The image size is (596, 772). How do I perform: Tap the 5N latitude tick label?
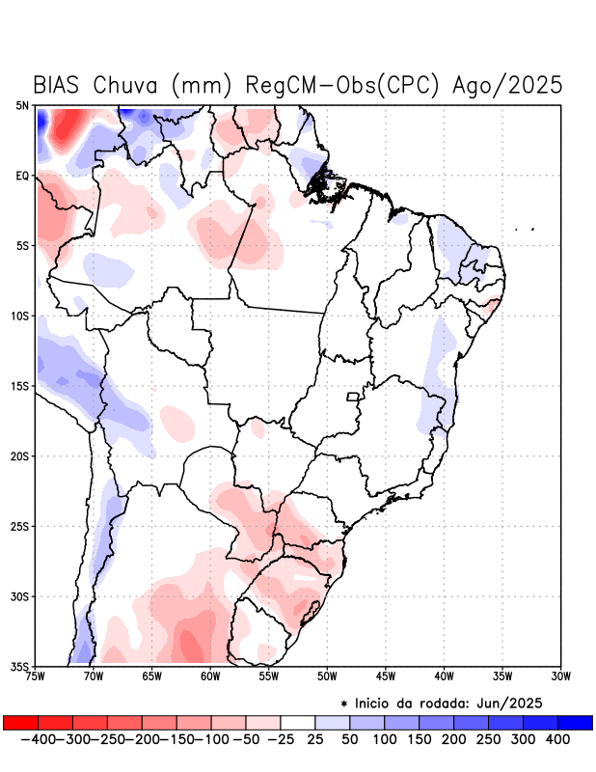coord(22,105)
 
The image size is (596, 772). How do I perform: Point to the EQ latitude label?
coord(22,176)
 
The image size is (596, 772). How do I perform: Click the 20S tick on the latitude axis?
coord(20,455)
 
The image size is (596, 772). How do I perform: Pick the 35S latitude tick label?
coord(20,666)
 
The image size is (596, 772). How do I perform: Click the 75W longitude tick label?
coord(36,676)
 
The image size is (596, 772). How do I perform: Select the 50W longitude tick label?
coord(327,676)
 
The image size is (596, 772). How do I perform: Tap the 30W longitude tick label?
coord(561,676)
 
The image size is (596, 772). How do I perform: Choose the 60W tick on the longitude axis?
coord(210,676)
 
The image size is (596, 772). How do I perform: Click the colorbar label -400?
coord(38,739)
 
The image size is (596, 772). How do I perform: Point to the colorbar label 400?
coord(557,739)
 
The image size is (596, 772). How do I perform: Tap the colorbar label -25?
coord(281,739)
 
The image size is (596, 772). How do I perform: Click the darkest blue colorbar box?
coord(575,723)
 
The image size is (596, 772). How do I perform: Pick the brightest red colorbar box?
coord(20,723)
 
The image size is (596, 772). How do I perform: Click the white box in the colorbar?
coord(298,723)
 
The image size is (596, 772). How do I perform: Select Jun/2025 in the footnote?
coord(516,702)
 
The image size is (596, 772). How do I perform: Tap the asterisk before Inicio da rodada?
coord(344,703)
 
